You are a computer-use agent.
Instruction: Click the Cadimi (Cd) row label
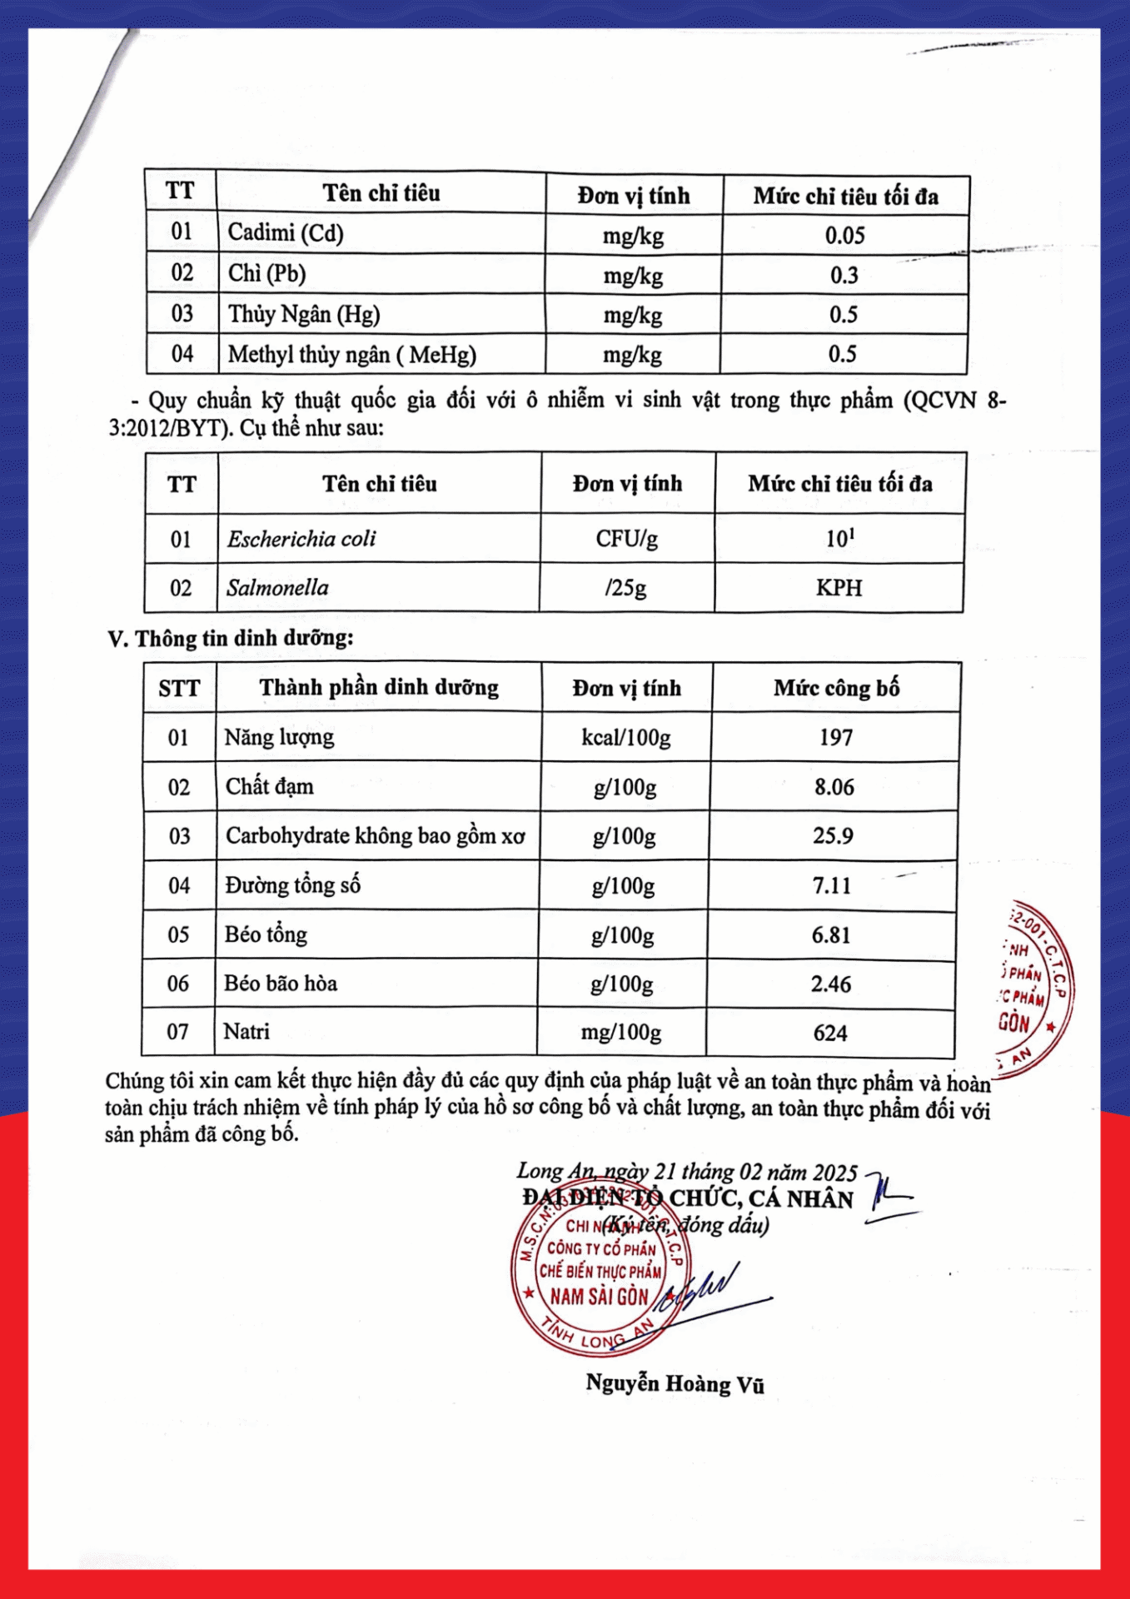point(286,232)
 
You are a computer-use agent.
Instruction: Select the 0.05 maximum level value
point(844,236)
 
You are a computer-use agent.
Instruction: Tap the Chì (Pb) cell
point(267,273)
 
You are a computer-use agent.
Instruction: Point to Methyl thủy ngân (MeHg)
point(351,355)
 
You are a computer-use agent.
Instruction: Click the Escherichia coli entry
point(301,539)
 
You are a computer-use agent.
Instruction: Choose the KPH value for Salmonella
point(839,588)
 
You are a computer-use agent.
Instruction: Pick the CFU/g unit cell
point(626,539)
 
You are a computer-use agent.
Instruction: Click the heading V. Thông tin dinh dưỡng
point(231,639)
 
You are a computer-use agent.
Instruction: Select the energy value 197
point(835,738)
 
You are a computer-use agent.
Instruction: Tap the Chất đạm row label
point(270,787)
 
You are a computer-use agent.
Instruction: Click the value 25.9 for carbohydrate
point(833,836)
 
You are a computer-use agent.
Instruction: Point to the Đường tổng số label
point(292,885)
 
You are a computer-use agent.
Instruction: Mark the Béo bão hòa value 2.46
point(831,984)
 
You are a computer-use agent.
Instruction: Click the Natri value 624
point(830,1034)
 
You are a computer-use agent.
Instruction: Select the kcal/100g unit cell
point(625,738)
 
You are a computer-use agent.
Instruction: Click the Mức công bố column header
point(836,688)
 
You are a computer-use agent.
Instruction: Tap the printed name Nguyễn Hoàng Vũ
point(675,1384)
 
